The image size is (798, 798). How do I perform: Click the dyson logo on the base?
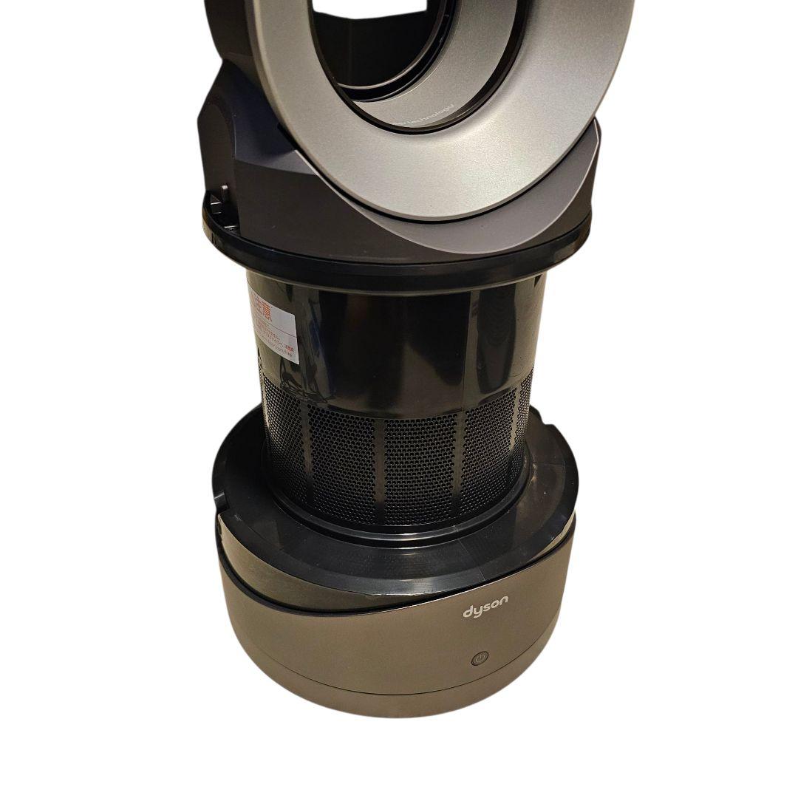point(485,611)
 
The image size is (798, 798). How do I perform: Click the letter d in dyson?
point(468,613)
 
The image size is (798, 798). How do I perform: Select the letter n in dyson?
point(504,607)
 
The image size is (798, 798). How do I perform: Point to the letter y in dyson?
point(477,613)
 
